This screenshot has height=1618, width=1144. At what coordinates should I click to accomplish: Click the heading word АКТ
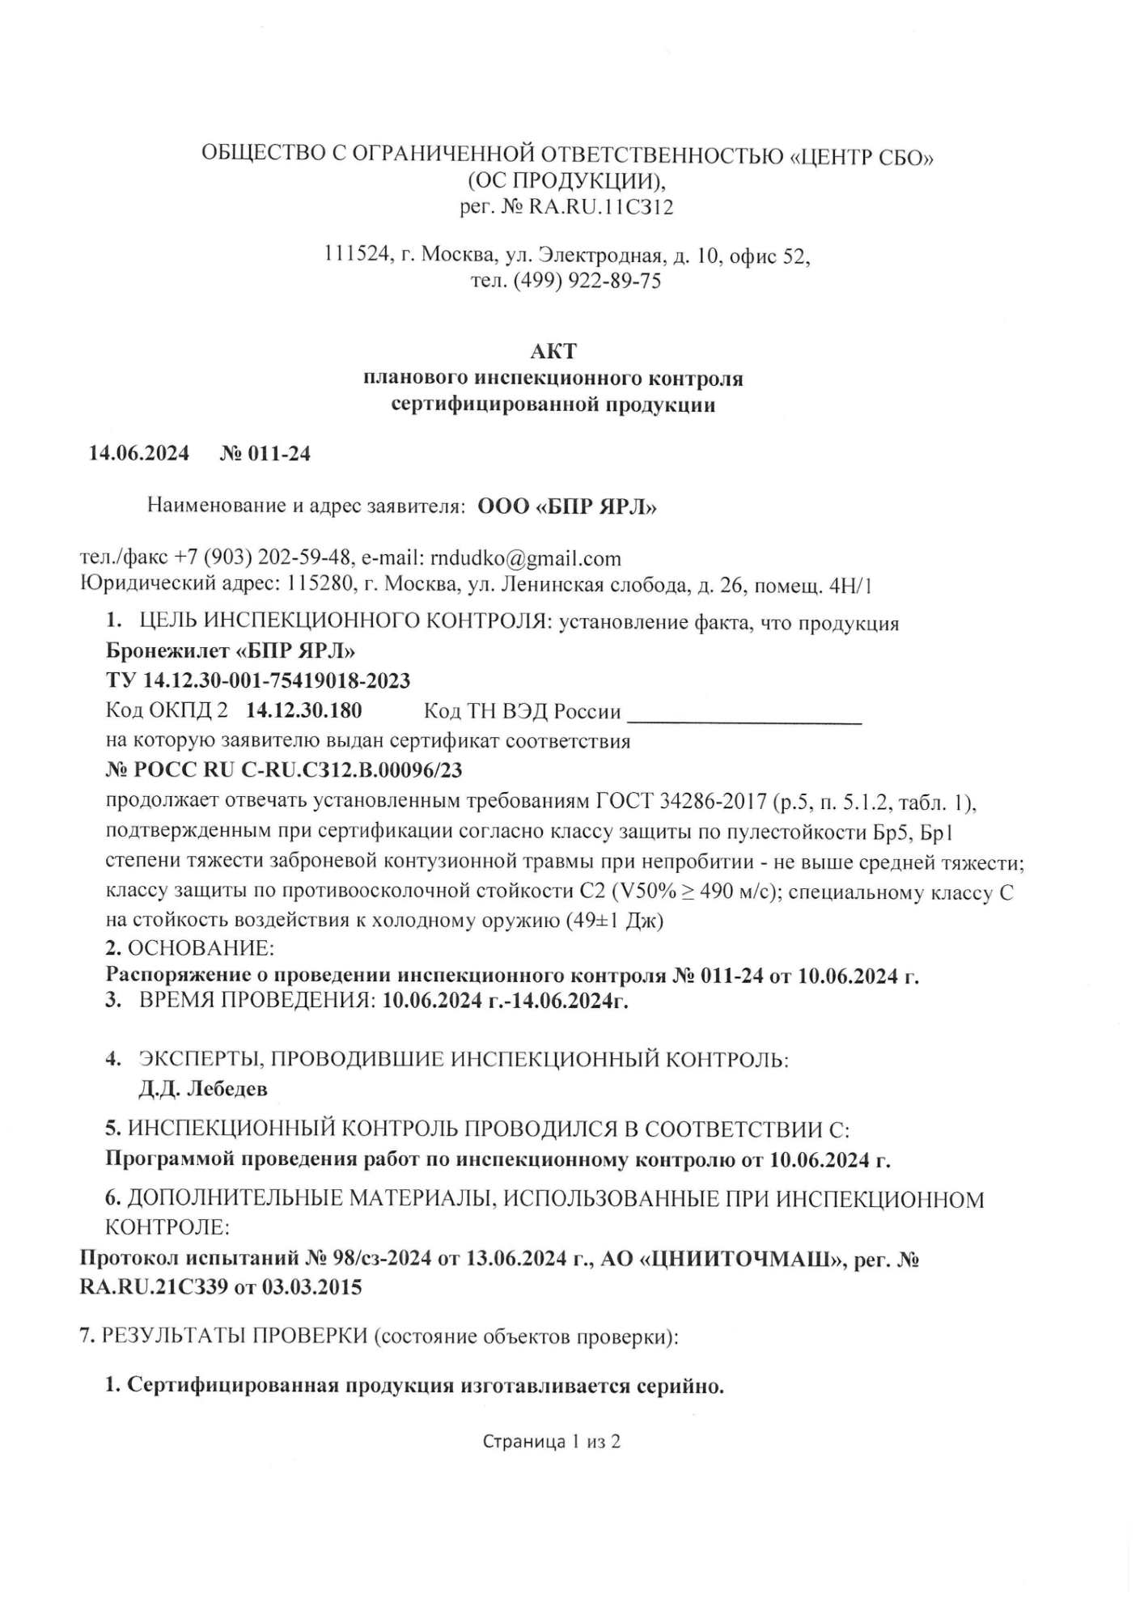(554, 351)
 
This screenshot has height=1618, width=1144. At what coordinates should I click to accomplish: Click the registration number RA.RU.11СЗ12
(600, 208)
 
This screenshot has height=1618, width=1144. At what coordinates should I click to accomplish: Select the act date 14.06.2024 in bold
(138, 453)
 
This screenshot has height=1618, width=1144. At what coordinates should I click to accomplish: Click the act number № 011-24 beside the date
(265, 453)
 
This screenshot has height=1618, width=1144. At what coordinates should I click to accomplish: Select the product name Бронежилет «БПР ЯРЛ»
(230, 650)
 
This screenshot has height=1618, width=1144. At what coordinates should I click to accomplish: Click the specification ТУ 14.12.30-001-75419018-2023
(258, 680)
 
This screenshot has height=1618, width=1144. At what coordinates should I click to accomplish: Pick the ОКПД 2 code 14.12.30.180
(303, 710)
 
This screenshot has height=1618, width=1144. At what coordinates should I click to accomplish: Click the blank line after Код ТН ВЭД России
(744, 714)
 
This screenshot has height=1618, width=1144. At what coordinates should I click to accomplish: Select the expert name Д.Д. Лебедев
(202, 1088)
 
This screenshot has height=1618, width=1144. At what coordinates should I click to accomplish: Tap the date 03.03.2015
(311, 1287)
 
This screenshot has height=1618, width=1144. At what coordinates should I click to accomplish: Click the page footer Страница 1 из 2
(551, 1441)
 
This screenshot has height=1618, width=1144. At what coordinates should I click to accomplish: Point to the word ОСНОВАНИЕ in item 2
(201, 947)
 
